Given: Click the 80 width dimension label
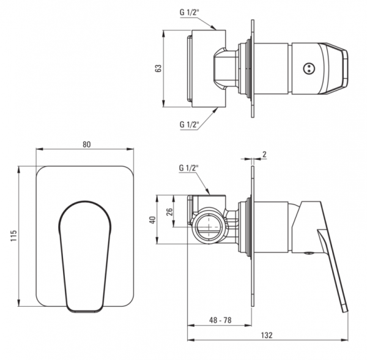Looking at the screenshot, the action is pos(86,144).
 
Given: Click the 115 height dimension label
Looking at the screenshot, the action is pos(13,236).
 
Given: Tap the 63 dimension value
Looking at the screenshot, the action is pos(158,68).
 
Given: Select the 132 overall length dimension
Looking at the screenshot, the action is pos(267,335).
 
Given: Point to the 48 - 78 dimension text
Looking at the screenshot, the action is pos(220,320).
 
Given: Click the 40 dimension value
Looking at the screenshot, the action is pos(152,220).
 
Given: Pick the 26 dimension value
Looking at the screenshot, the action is pos(169,211).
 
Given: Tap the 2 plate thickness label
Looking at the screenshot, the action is pos(264,154).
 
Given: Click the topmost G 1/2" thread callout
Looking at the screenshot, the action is pos(189,12).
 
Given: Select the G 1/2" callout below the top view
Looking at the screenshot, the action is pos(189,124).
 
